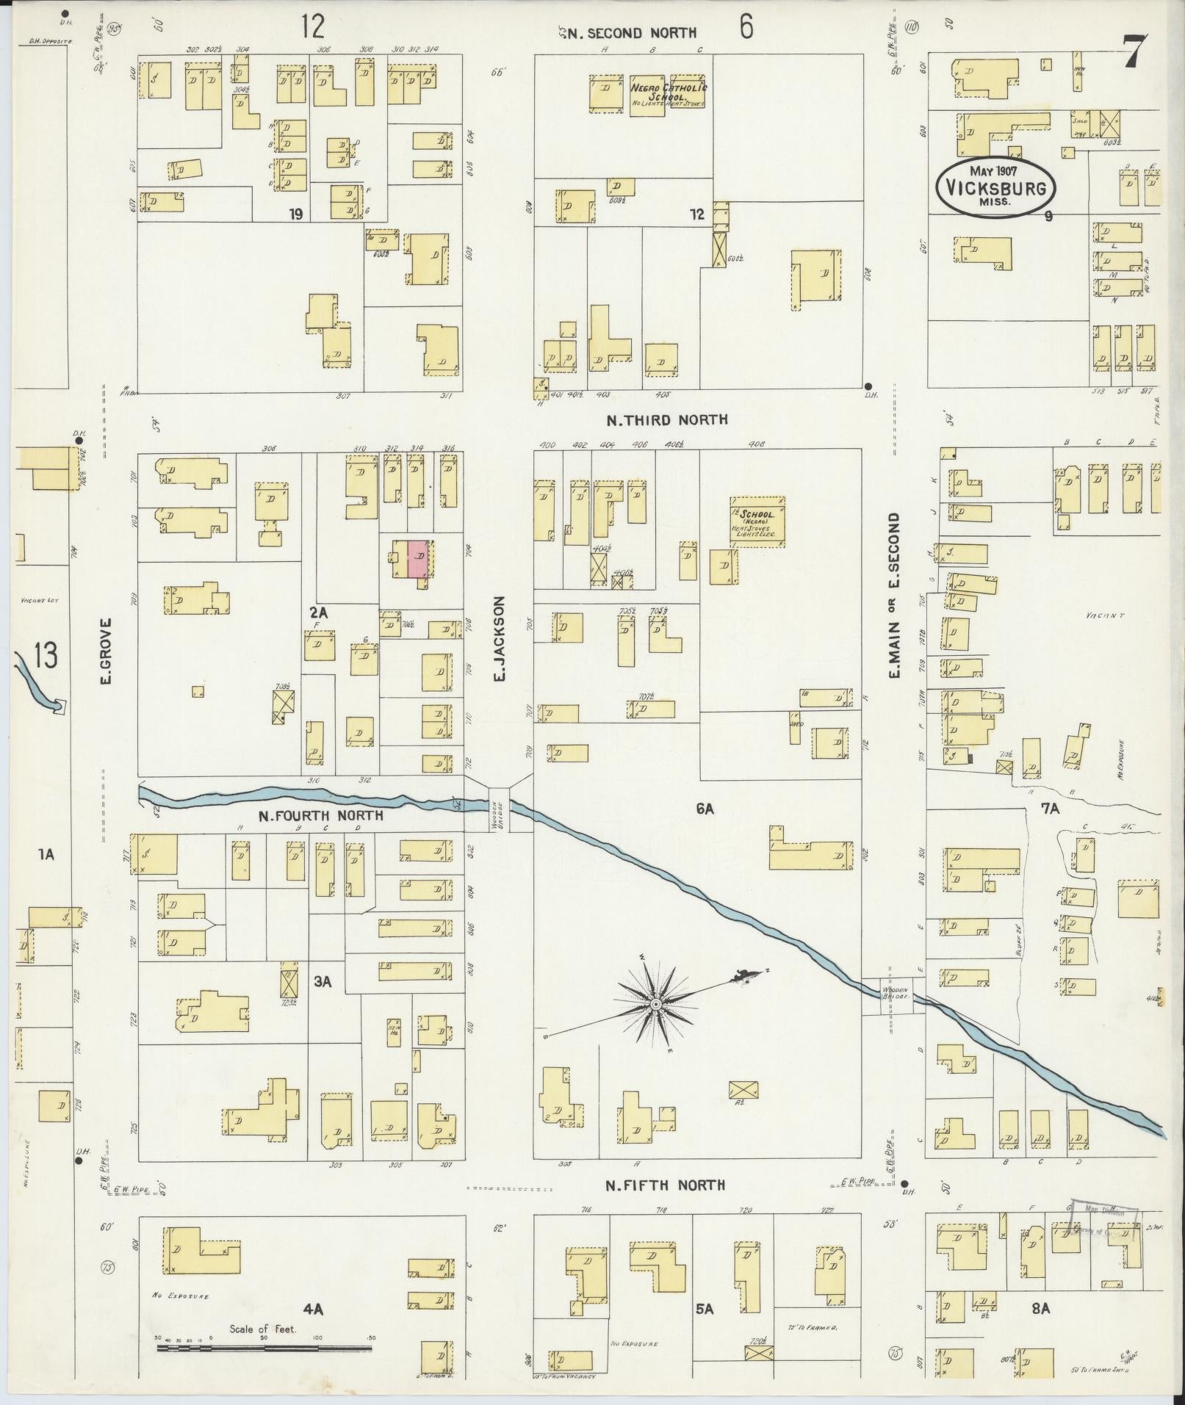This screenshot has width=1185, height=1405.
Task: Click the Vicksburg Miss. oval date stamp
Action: click(995, 187)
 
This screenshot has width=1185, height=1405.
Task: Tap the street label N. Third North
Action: click(666, 419)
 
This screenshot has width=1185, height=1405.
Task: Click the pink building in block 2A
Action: click(418, 559)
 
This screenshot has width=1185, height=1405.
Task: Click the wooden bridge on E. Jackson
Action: click(500, 809)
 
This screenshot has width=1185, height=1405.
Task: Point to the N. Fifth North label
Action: click(665, 1185)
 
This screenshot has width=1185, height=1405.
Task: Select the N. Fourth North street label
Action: click(320, 815)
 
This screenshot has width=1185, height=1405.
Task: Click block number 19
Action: click(296, 214)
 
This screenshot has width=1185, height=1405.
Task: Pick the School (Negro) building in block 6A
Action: click(757, 521)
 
